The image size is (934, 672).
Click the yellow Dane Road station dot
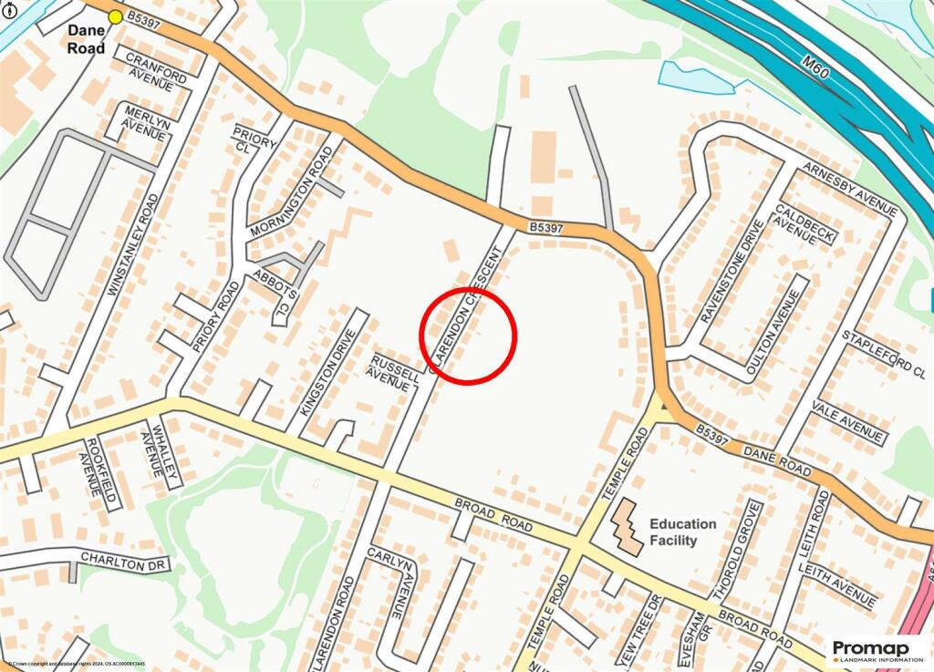[115, 16]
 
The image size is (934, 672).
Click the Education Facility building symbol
[627, 526]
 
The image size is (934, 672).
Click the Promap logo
[876, 651]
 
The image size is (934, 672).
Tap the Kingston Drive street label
[326, 371]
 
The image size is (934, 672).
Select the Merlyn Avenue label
[144, 121]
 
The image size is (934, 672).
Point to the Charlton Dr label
[124, 559]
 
